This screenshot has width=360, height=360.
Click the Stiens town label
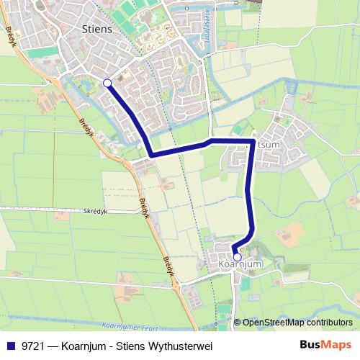[97, 30]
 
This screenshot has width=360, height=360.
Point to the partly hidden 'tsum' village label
[268, 144]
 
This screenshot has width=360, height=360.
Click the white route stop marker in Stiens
[107, 83]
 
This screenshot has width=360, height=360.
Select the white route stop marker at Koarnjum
[237, 256]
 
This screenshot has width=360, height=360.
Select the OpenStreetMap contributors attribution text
[297, 323]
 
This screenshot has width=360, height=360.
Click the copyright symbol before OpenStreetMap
[238, 323]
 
